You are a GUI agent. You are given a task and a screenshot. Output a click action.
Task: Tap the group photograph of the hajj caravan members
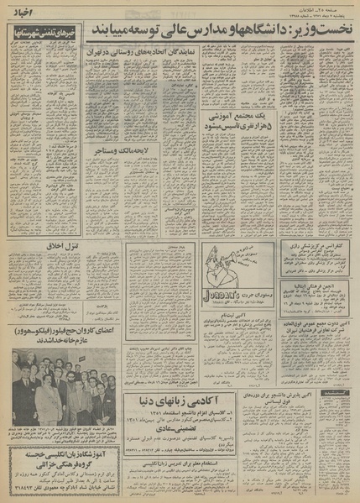click(63, 388)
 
